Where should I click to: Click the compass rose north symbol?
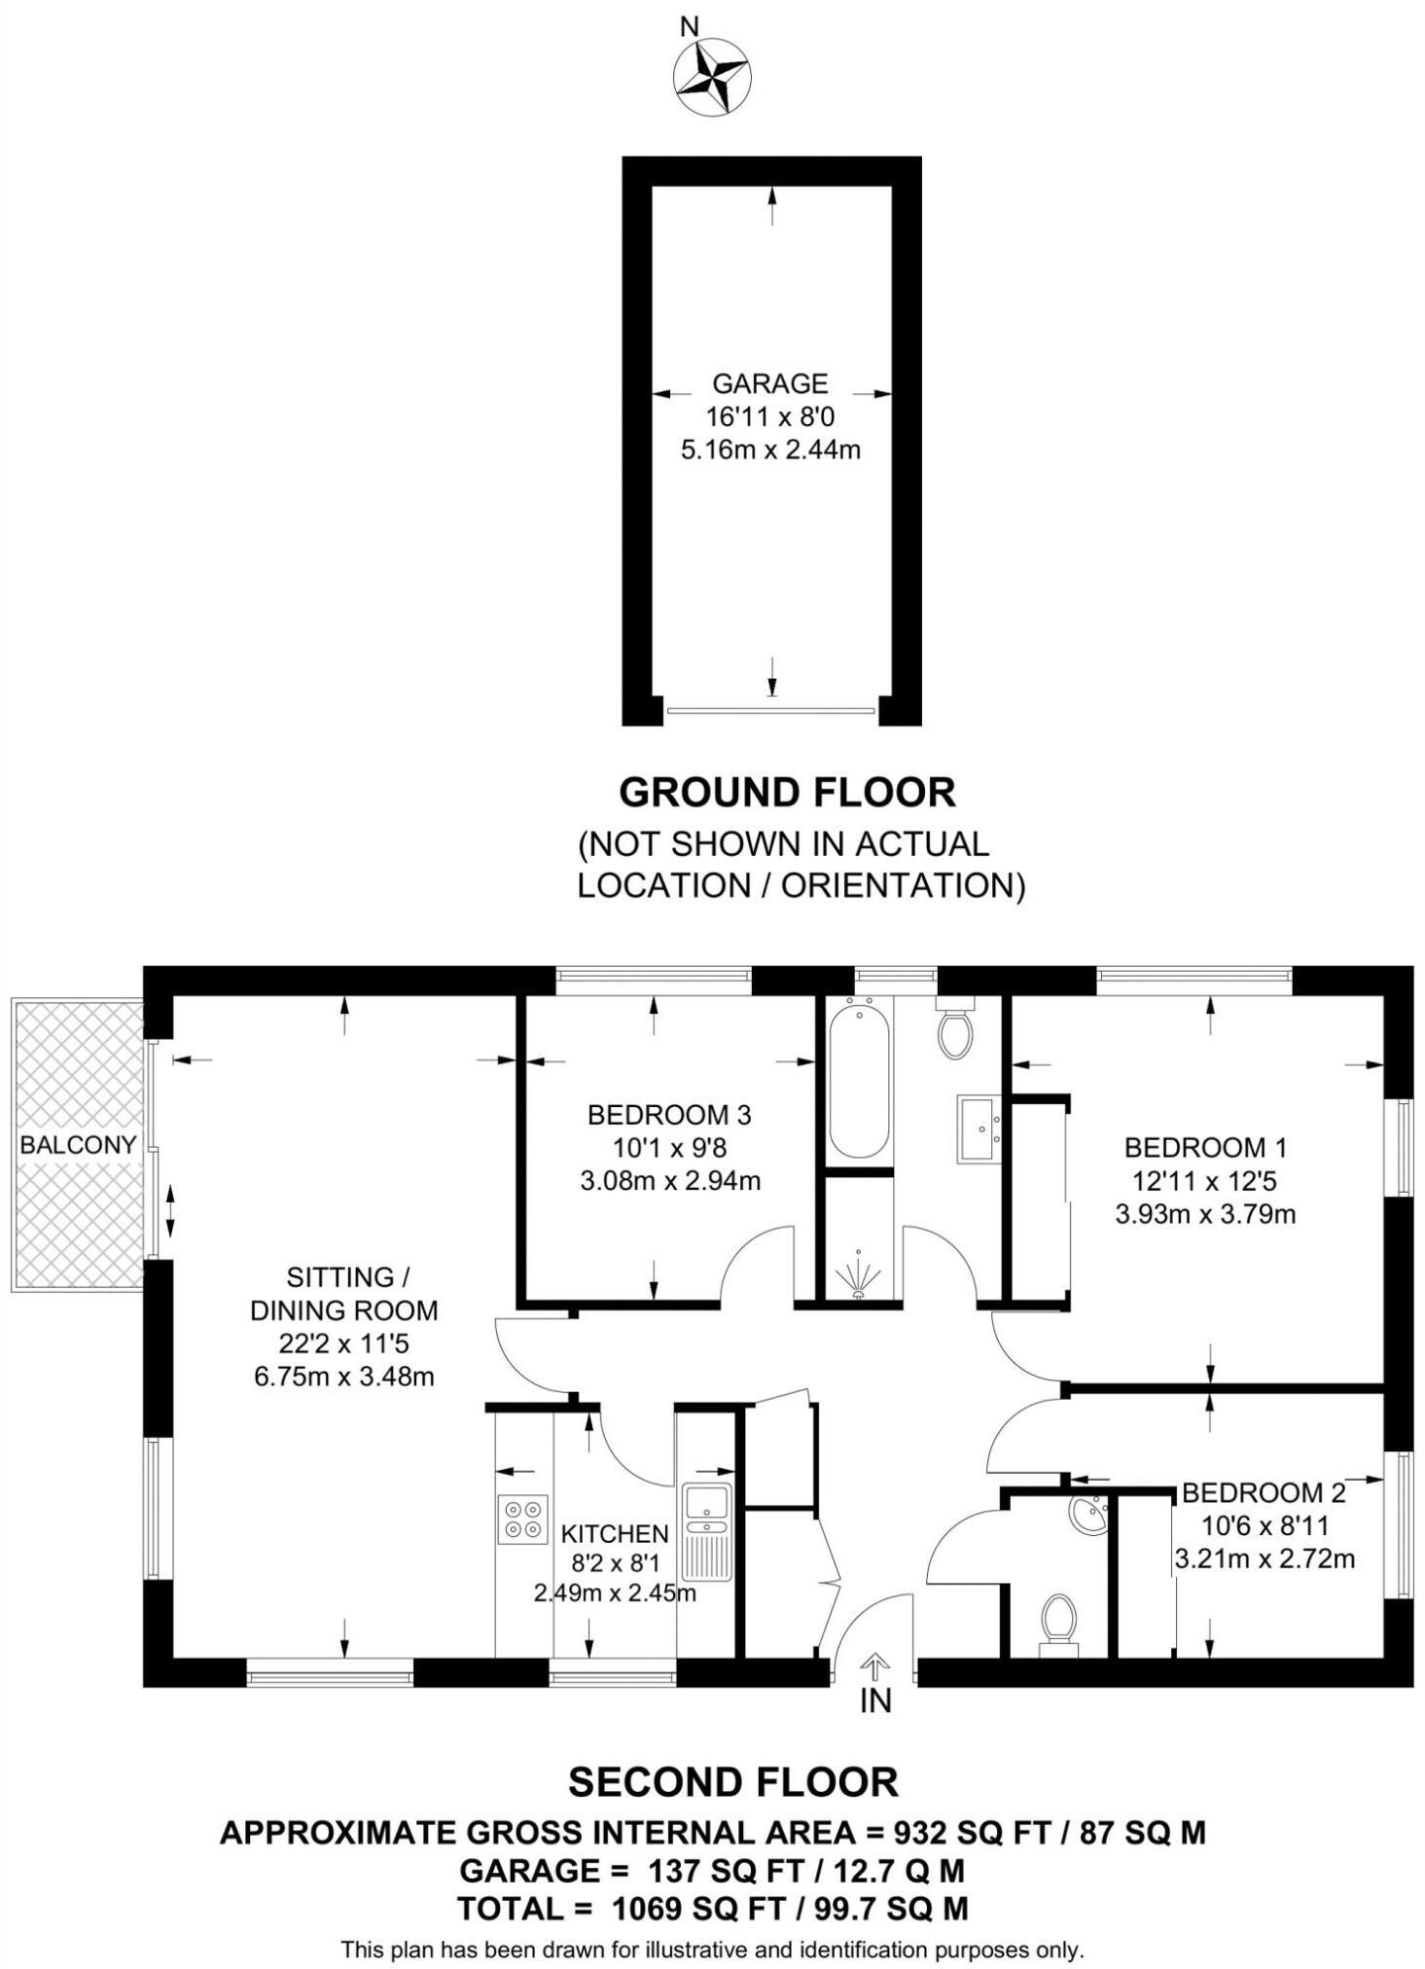711,75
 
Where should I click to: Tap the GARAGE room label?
769,383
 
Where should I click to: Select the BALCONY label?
78,1145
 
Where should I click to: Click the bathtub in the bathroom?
859,1080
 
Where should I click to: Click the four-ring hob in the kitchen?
522,1520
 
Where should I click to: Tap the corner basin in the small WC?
1089,1515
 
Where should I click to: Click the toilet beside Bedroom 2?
1058,1623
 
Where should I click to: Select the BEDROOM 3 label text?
669,1115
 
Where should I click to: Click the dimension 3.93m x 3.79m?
1205,1214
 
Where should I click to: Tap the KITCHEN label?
615,1534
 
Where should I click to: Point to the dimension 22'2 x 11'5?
343,1343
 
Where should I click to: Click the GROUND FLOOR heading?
787,793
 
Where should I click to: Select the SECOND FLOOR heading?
733,1783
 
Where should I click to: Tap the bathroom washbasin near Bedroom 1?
979,1128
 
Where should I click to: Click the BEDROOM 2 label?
1264,1493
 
